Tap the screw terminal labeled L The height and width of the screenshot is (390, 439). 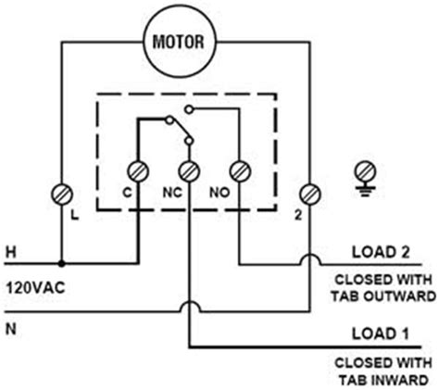coord(63,195)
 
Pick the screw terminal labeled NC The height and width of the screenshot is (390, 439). coord(189,170)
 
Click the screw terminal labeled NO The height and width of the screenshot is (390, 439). coord(239,170)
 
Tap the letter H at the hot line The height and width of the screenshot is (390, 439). coord(11,251)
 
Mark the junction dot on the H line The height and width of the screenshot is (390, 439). coord(63,262)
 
